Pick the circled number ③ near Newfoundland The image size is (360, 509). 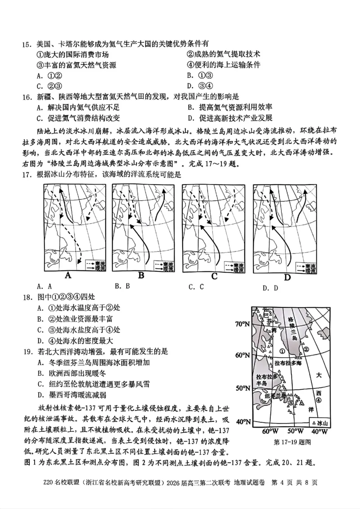click(291, 403)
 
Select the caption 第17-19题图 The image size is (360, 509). click(292, 442)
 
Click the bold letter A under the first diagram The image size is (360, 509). click(69, 275)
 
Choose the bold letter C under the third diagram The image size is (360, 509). click(214, 276)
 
